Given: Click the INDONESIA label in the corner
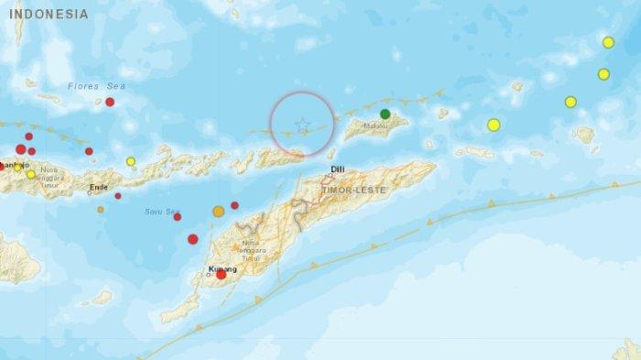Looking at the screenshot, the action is click(x=47, y=15).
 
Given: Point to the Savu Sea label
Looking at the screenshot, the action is click(x=160, y=212).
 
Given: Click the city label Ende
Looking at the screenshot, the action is click(x=98, y=187).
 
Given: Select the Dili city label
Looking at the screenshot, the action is click(x=337, y=169).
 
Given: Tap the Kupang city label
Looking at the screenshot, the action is click(x=223, y=268).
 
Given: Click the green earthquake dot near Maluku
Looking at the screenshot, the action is click(x=386, y=115).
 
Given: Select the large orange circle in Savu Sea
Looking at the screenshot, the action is click(x=219, y=212).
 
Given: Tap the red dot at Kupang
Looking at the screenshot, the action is click(x=221, y=275).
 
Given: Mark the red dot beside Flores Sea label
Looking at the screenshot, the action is click(x=110, y=102).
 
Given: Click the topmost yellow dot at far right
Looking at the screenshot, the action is click(x=608, y=42).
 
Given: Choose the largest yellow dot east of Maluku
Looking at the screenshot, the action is click(x=494, y=125).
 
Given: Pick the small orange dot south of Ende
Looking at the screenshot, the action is click(x=101, y=210).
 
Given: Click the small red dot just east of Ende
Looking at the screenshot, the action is click(x=118, y=195).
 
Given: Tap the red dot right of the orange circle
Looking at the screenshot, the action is click(x=234, y=205).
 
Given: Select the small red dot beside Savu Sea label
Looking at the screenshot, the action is click(x=177, y=217).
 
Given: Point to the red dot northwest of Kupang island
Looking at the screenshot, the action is click(x=193, y=239).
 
